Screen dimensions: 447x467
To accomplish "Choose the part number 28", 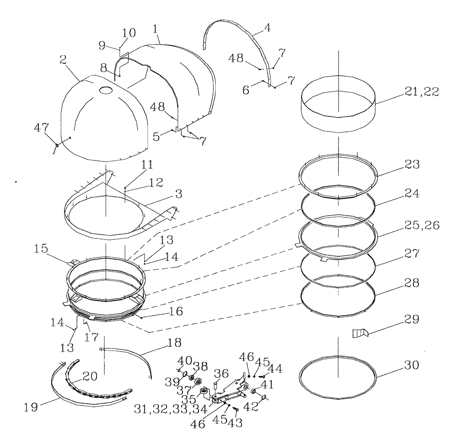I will [412, 283].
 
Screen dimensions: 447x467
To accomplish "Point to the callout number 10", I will [129, 33].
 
